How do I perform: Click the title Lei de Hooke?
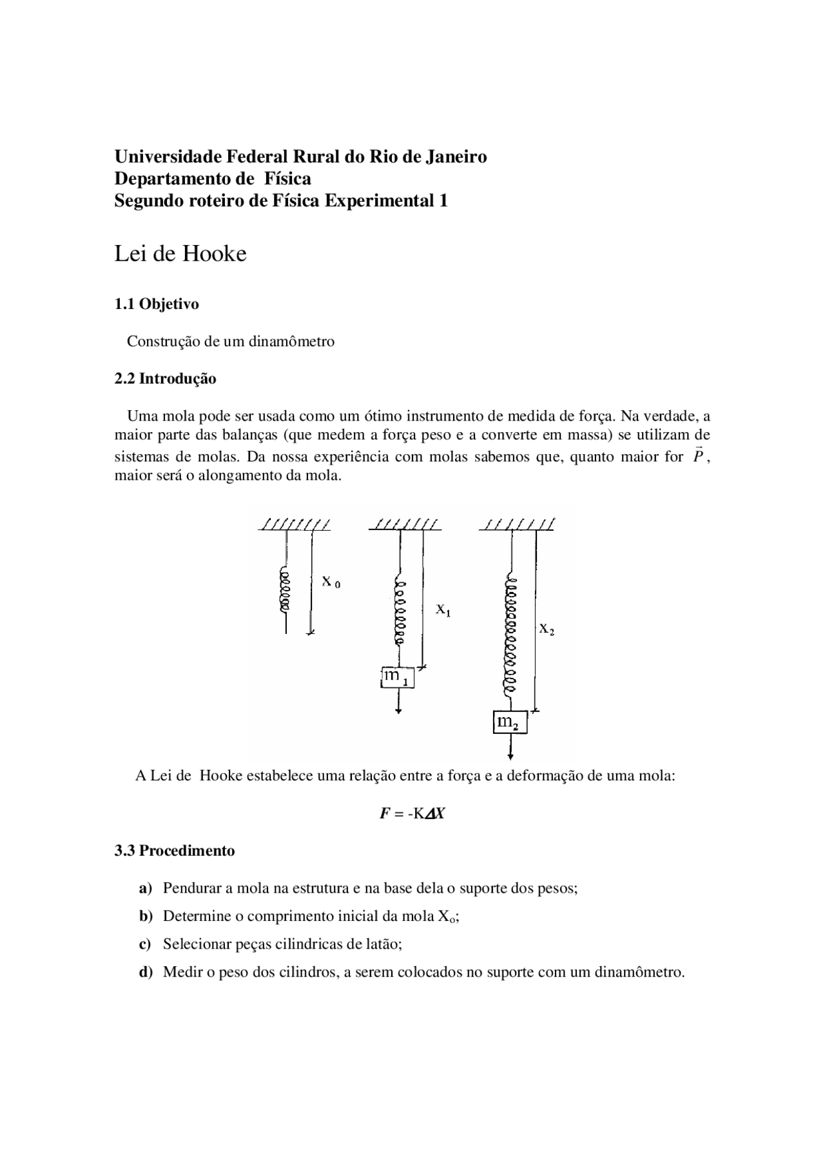pos(180,253)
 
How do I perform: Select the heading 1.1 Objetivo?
pos(157,304)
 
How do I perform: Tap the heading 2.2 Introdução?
pos(165,379)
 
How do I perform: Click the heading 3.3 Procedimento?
pos(175,851)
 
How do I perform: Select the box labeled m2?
pos(510,722)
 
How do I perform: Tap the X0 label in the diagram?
pos(331,582)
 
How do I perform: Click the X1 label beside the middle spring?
pos(443,609)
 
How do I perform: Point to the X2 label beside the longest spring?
pos(547,629)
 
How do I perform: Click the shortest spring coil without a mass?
pos(284,590)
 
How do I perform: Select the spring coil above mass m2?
pos(511,635)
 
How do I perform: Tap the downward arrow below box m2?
pos(510,748)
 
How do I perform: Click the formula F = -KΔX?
pos(412,813)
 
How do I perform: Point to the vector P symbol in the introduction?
pos(697,456)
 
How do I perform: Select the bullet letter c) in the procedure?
pos(145,944)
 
